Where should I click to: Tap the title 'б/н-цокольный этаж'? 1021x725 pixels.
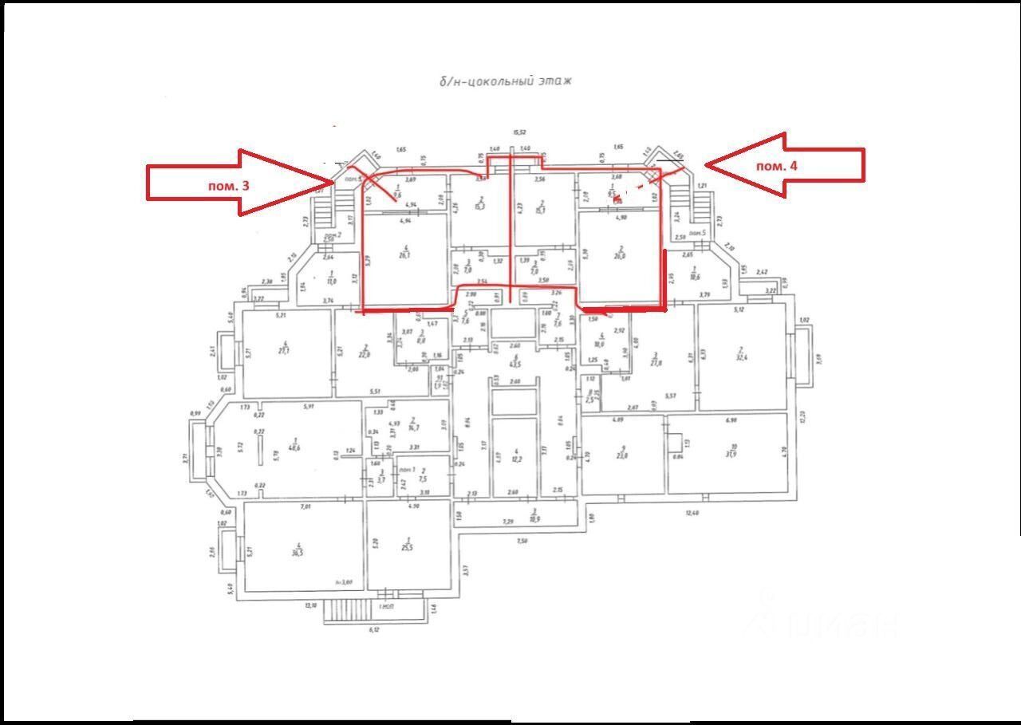pyautogui.click(x=506, y=81)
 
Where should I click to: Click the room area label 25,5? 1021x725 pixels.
pyautogui.click(x=408, y=550)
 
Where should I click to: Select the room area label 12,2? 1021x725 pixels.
pyautogui.click(x=517, y=459)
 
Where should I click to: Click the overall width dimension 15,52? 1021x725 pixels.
pyautogui.click(x=520, y=132)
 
